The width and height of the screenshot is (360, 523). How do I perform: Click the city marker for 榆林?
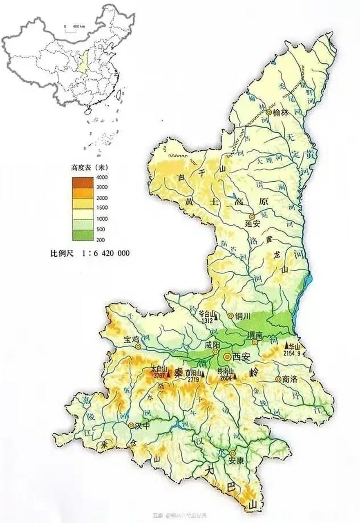(x=268, y=112)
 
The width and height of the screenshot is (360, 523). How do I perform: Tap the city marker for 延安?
(x=252, y=216)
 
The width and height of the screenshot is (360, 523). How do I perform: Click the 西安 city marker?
(x=227, y=357)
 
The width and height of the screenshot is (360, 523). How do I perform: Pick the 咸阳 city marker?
(x=215, y=351)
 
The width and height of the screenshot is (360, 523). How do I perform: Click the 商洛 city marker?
(x=278, y=379)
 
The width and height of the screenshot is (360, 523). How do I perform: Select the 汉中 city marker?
(x=131, y=425)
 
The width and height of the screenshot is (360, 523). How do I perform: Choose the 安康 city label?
(x=232, y=460)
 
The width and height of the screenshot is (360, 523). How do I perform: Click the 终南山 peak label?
(x=225, y=372)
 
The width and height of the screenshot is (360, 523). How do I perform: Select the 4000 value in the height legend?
(x=102, y=177)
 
